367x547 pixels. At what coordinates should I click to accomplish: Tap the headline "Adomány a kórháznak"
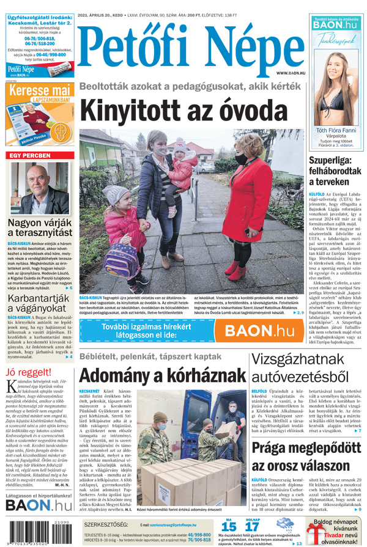[x=162, y=374]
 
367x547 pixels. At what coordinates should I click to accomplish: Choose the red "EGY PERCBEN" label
[x=29, y=155]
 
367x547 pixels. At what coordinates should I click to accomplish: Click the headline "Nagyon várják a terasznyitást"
[x=40, y=232]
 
